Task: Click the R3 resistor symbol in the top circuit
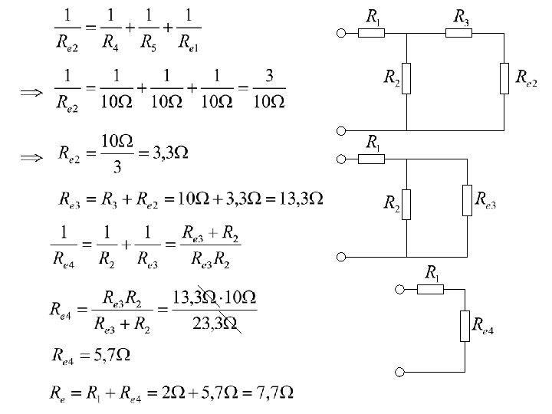(x=459, y=33)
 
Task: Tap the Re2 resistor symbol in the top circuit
(x=504, y=79)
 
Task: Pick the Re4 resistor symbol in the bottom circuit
(x=465, y=325)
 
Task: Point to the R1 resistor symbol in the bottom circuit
(x=431, y=290)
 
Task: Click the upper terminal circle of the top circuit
(x=342, y=33)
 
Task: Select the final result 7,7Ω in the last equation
(x=274, y=393)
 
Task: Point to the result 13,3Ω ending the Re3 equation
(x=297, y=199)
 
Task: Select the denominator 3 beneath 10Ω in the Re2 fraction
(x=117, y=167)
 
